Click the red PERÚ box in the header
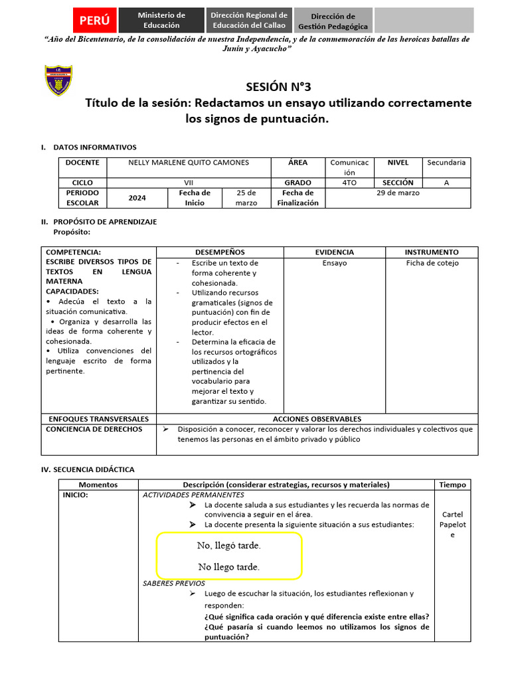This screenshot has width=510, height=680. [94, 21]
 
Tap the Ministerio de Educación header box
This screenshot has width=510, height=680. [161, 21]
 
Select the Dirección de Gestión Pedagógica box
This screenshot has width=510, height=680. [333, 21]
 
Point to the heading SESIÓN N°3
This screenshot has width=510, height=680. [278, 86]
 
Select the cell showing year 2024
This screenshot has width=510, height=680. [137, 198]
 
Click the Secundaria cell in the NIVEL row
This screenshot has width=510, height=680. [446, 163]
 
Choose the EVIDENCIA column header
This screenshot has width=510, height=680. [334, 252]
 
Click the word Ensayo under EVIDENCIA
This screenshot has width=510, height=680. [334, 263]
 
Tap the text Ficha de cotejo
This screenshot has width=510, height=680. [432, 263]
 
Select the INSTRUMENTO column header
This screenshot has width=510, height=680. [432, 252]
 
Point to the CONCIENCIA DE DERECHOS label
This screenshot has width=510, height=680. [94, 429]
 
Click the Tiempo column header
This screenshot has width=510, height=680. [453, 485]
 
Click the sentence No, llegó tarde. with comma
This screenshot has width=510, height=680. [228, 545]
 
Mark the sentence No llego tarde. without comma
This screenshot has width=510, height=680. [228, 567]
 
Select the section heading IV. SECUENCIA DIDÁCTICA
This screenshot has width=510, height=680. [88, 469]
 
